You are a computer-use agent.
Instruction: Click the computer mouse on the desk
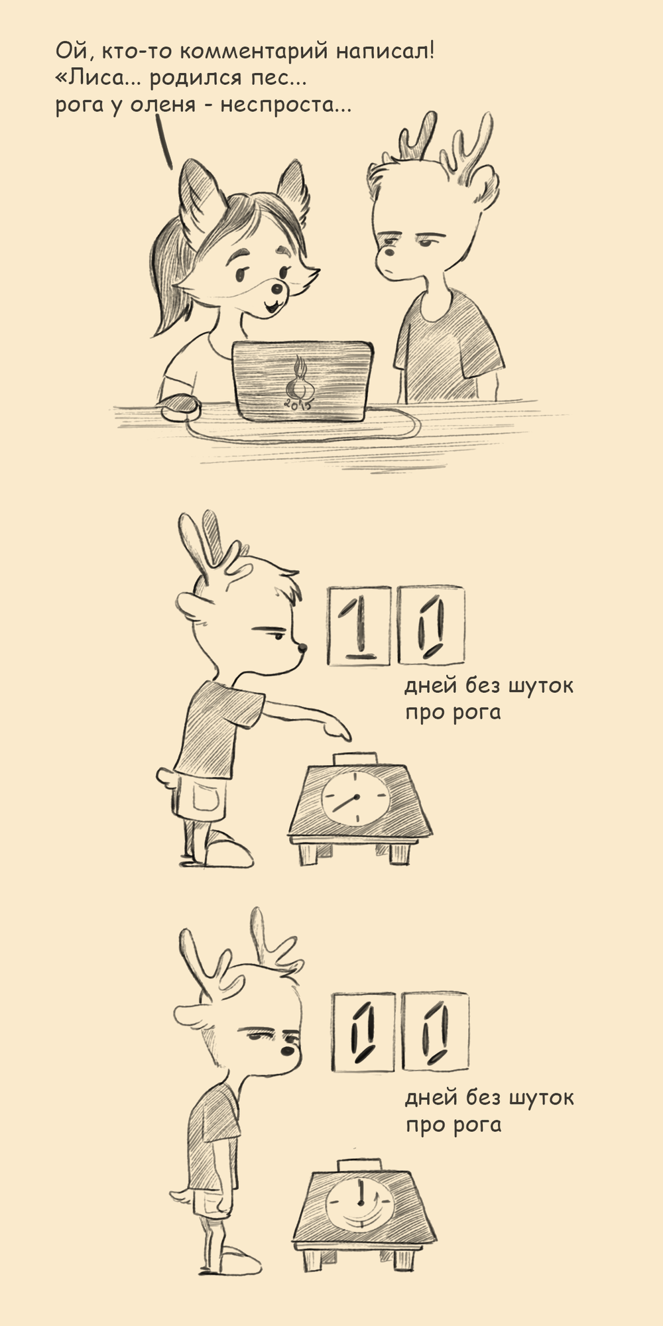tap(180, 405)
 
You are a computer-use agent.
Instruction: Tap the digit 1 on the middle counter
tap(358, 625)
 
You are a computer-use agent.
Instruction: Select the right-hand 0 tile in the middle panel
tap(431, 625)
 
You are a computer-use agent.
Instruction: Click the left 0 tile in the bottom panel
tap(363, 1032)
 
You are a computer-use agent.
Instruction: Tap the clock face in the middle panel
tap(354, 798)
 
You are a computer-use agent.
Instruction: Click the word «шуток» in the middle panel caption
tap(540, 685)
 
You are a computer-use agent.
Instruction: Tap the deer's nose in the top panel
tap(389, 253)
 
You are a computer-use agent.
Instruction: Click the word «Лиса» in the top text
tap(90, 78)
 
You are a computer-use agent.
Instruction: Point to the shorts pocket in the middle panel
tap(208, 795)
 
